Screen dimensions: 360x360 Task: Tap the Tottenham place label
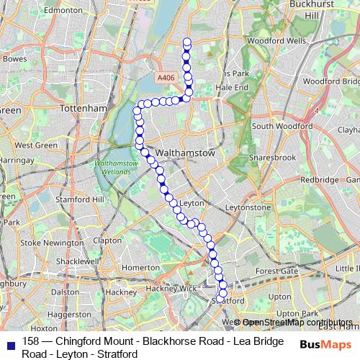pos(85,108)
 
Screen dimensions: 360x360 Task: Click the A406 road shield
pos(166,77)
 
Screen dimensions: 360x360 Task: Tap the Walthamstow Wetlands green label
pos(114,168)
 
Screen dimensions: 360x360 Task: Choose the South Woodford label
pos(282,126)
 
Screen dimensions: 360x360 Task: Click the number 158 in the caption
pos(31,341)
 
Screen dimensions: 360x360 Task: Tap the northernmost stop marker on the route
pos(187,41)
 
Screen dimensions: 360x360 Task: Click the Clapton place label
pos(107,240)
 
